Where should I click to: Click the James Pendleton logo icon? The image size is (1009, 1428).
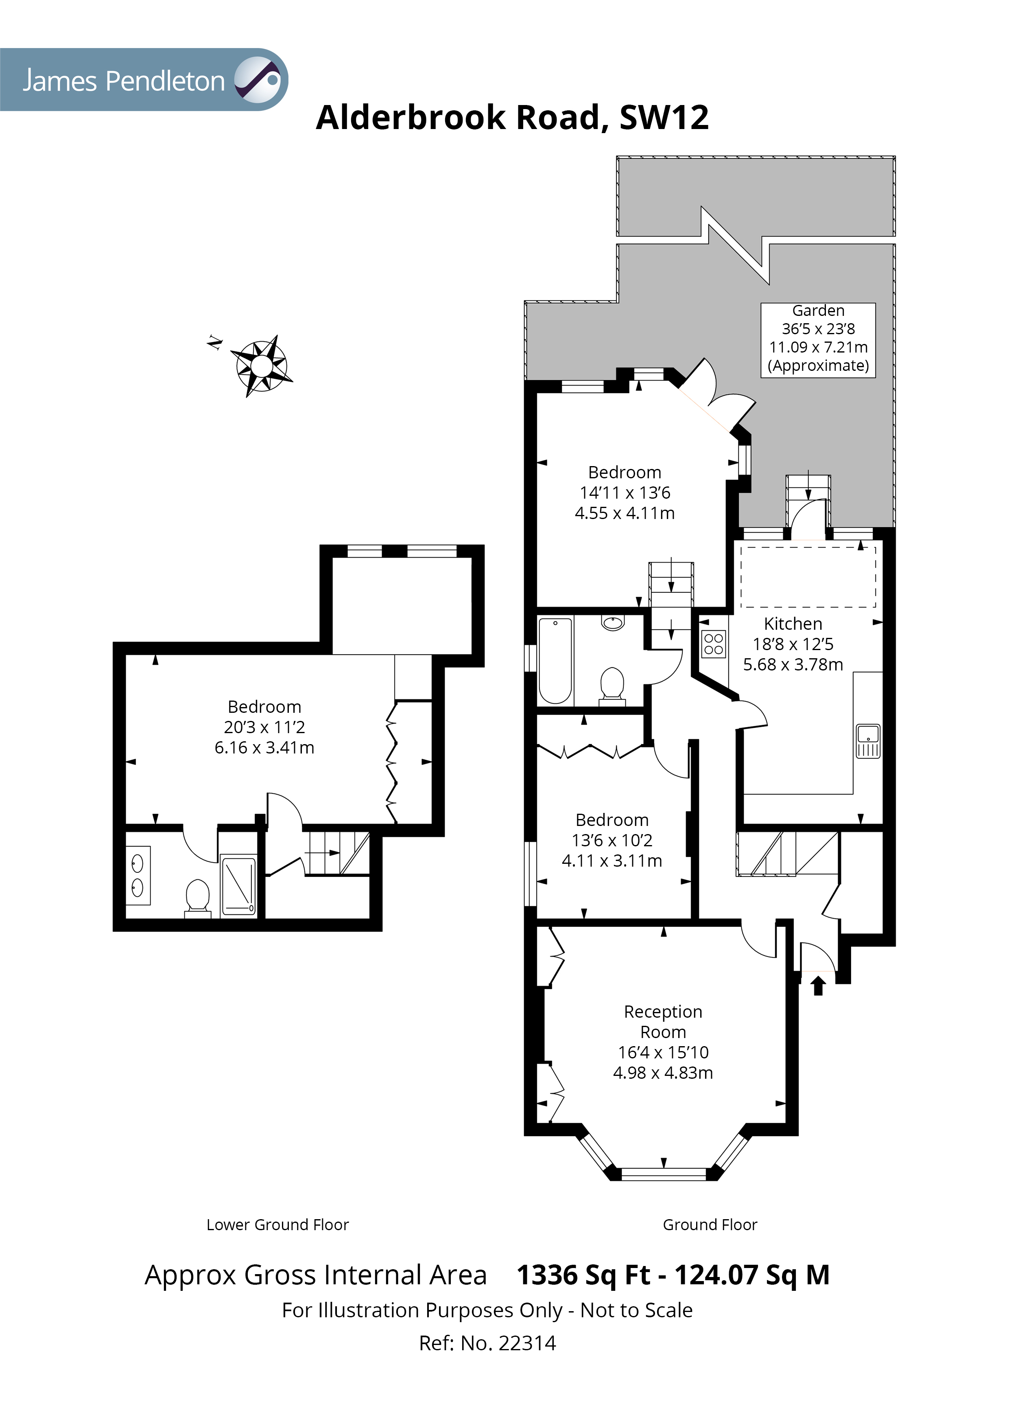[x=258, y=80]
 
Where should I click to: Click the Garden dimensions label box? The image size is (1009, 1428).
[x=818, y=339]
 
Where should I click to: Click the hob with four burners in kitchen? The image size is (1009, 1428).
[x=713, y=644]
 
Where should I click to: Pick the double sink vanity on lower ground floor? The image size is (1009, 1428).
[x=138, y=874]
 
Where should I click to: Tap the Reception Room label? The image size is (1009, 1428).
[x=663, y=1022]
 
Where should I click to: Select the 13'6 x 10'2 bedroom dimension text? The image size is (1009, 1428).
[x=612, y=840]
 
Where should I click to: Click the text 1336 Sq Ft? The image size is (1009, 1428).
[x=583, y=1275]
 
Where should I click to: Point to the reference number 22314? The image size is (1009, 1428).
[x=527, y=1343]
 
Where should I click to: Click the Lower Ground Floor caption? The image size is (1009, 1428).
[x=277, y=1224]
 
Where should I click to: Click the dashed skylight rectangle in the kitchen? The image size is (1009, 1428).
[x=808, y=576]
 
